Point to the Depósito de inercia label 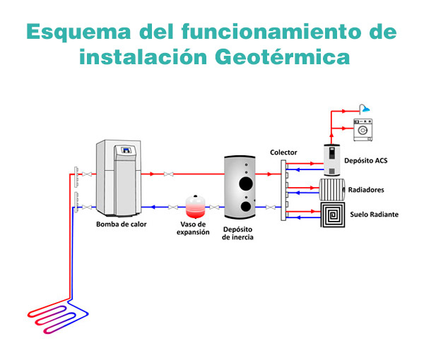(x=237, y=233)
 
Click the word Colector (x=283, y=152)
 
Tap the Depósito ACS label (x=365, y=161)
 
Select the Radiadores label (x=367, y=190)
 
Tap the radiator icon (x=331, y=190)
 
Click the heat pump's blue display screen (x=128, y=150)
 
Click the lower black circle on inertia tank (x=244, y=208)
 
